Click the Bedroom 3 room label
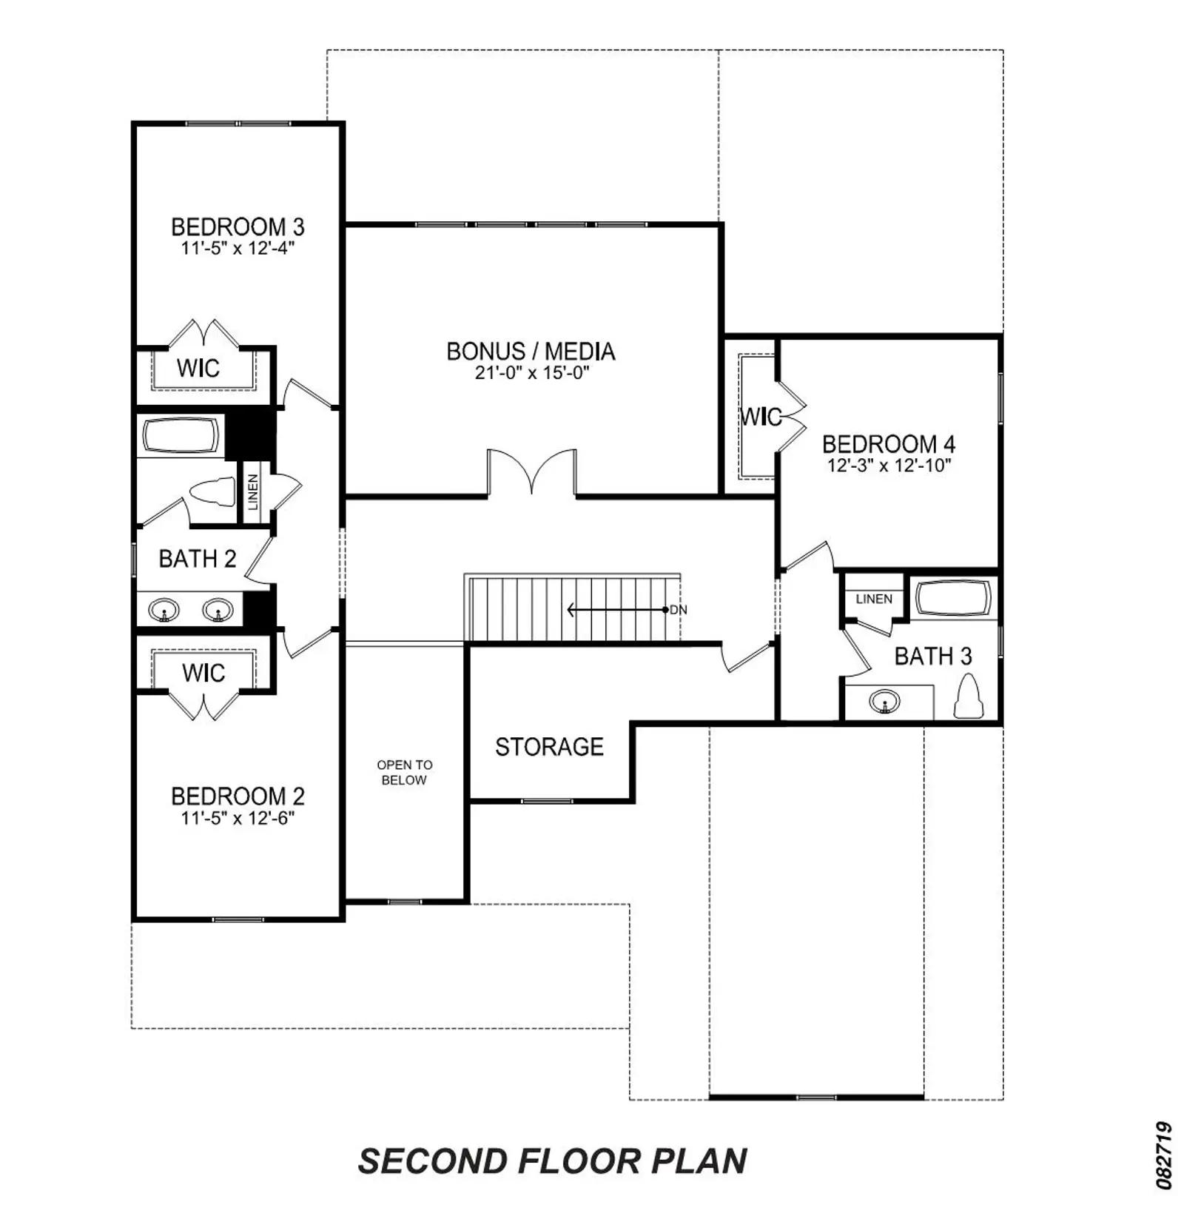[238, 226]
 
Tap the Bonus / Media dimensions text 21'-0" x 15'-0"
[532, 372]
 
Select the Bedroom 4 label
[889, 444]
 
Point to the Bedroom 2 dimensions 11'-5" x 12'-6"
[238, 818]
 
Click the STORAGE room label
[549, 747]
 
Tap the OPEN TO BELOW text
[405, 772]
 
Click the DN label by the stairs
[679, 610]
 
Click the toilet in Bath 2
[212, 492]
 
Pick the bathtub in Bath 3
[953, 598]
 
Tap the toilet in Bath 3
[968, 696]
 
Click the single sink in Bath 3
[884, 700]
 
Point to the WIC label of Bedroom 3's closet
[198, 367]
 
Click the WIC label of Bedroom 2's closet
[203, 673]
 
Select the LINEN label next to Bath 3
[874, 599]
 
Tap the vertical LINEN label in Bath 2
[253, 492]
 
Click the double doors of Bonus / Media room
[531, 471]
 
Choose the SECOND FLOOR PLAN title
[553, 1161]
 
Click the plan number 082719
[1164, 1155]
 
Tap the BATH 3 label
[933, 656]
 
